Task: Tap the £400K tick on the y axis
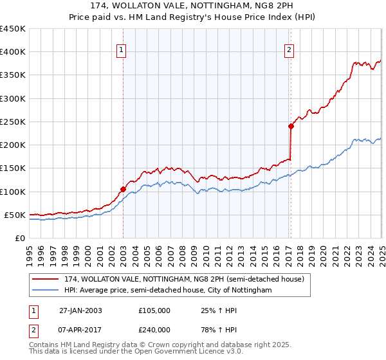click(12, 52)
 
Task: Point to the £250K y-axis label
click(12, 122)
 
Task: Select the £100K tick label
click(12, 192)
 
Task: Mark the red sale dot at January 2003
click(123, 189)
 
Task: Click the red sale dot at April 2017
click(291, 126)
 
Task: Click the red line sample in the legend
click(46, 279)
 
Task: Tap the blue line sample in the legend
click(46, 291)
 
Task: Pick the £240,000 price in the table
click(154, 329)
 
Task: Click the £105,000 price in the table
click(154, 310)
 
